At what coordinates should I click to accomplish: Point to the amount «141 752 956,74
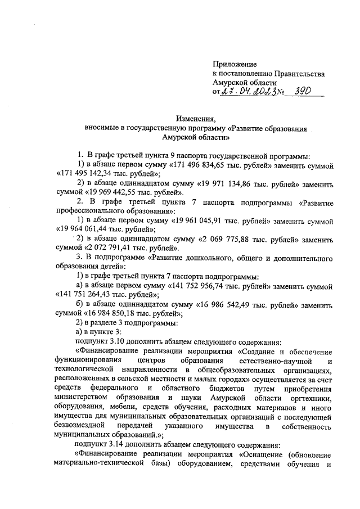[204, 285]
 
